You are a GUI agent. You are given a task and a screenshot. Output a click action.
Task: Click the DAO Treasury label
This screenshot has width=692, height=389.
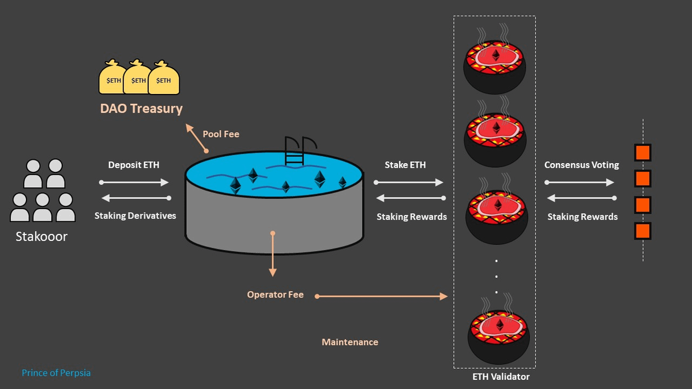pos(141,108)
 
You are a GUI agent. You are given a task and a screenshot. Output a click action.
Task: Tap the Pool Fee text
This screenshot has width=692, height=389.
pos(221,134)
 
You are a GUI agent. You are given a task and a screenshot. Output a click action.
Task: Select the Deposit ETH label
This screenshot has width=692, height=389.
pos(134,165)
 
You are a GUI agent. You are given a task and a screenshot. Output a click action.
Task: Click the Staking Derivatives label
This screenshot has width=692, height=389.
pos(135,216)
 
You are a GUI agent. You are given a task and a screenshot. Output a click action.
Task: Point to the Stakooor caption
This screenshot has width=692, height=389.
pos(42,236)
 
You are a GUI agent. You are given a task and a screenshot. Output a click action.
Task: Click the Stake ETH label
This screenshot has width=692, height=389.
pos(405,165)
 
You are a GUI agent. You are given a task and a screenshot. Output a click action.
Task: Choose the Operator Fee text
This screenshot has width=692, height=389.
pos(275,294)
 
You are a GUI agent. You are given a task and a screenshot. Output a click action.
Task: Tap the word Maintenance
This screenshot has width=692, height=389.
pos(350,342)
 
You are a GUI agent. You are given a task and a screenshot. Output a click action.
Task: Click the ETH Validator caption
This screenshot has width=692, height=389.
pos(501,377)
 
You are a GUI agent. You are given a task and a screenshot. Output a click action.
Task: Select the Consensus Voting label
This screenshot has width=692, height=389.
pos(581,165)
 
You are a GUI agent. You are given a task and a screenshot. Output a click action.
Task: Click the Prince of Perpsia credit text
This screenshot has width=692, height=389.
pos(56,373)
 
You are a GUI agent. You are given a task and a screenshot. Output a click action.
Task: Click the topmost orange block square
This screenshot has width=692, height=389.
pos(642,153)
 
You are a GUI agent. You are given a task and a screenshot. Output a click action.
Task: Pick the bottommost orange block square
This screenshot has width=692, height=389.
pos(642,231)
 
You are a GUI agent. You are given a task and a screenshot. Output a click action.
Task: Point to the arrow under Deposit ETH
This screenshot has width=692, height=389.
pos(134,182)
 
